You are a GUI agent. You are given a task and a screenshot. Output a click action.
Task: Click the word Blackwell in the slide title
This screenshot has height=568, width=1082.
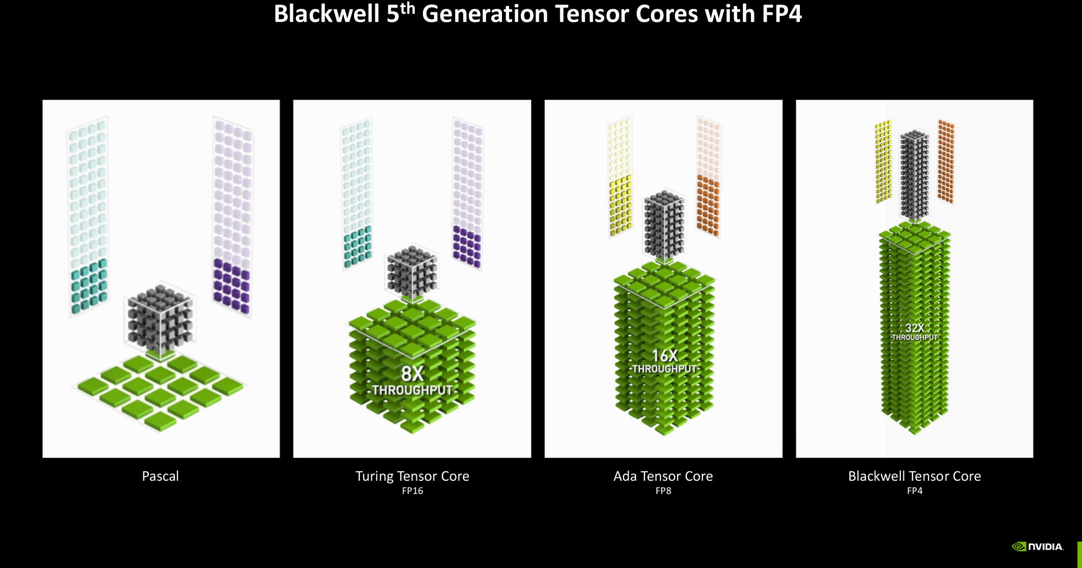click(x=326, y=14)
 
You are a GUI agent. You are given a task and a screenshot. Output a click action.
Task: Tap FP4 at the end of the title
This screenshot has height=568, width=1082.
click(x=782, y=14)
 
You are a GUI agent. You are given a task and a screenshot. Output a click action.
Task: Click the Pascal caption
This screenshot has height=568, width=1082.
click(x=160, y=476)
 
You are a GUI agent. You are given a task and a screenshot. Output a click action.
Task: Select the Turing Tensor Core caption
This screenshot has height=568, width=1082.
click(x=412, y=476)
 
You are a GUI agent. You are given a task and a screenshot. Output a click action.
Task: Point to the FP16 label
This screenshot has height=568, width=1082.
click(x=412, y=491)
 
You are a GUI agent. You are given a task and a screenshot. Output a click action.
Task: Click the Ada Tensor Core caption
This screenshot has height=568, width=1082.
click(x=663, y=476)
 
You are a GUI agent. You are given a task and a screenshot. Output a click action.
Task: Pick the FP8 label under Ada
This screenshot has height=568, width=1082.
click(x=663, y=491)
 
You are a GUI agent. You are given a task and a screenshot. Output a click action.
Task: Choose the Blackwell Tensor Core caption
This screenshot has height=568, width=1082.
click(x=914, y=476)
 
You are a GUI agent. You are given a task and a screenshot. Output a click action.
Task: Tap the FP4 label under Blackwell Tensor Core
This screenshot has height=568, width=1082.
click(x=915, y=491)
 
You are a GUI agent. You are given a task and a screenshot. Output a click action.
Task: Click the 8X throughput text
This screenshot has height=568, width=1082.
click(x=412, y=381)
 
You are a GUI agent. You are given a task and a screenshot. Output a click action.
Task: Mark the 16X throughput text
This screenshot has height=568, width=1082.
click(x=664, y=361)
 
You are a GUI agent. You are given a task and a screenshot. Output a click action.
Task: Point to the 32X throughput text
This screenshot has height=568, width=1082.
click(x=915, y=332)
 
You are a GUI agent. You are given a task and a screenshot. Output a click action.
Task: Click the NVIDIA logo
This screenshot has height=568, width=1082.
click(x=1038, y=547)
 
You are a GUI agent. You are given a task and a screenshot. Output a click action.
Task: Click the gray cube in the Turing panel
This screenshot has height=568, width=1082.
click(x=412, y=273)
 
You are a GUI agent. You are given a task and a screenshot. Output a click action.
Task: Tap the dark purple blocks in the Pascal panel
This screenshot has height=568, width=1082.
click(x=232, y=286)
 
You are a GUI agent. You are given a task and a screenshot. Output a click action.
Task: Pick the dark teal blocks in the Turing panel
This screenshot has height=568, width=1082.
click(x=358, y=247)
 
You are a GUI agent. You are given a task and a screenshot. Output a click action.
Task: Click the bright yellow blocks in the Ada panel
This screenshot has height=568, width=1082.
click(x=620, y=205)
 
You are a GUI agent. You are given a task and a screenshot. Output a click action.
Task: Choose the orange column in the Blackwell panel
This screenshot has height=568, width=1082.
click(x=946, y=161)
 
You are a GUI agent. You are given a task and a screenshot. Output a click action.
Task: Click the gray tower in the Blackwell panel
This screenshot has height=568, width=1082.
click(x=915, y=175)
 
